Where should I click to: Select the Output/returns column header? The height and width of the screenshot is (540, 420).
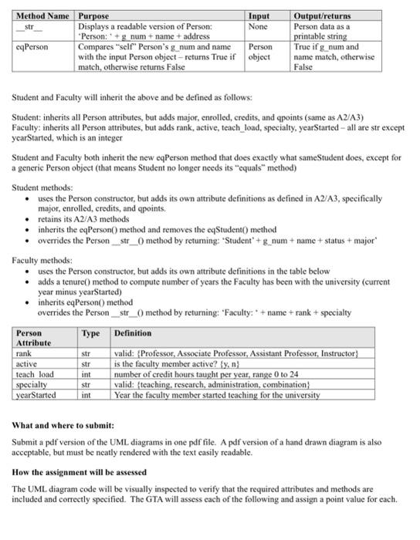(323, 15)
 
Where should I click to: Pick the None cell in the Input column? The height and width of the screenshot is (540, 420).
(257, 25)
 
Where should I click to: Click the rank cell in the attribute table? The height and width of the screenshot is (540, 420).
(24, 353)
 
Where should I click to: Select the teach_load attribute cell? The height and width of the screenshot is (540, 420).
(35, 374)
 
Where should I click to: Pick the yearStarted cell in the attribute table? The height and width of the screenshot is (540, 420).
(37, 395)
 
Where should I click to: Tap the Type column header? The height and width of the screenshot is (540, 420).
(91, 332)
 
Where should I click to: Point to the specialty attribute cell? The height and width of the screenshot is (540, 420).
(32, 384)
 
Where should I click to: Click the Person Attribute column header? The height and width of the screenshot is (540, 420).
(34, 337)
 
